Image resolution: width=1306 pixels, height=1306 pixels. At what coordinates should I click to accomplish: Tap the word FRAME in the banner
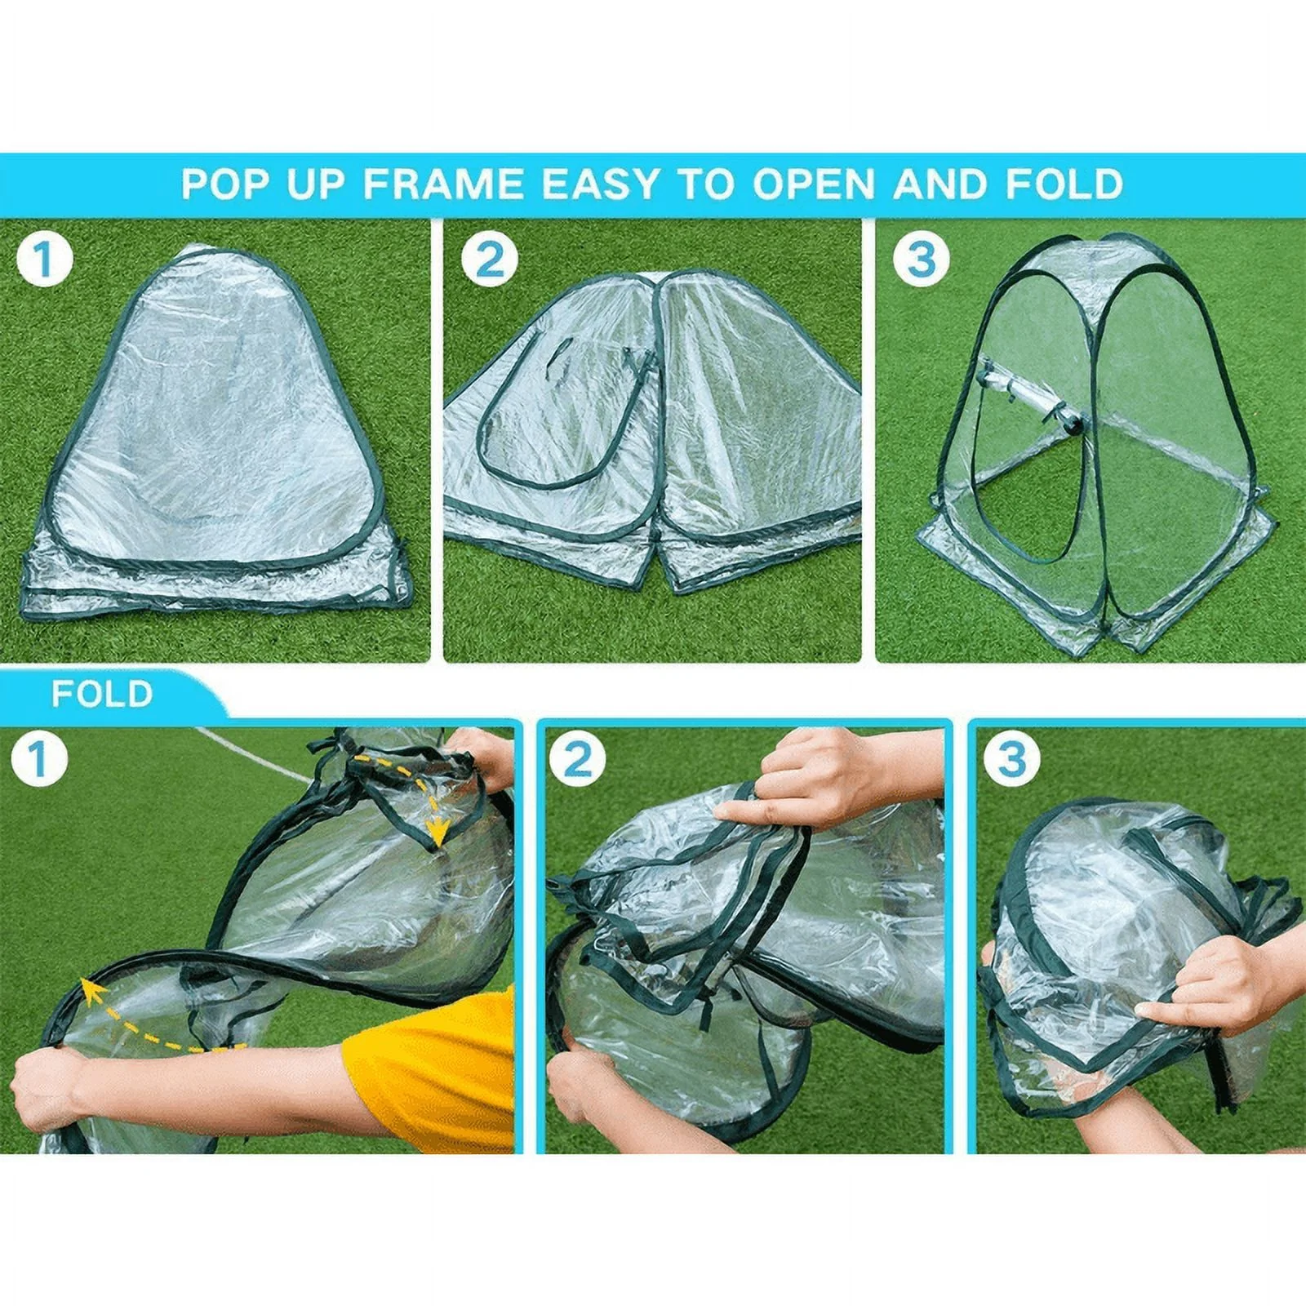[443, 184]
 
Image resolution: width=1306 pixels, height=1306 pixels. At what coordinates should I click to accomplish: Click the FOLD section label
[102, 694]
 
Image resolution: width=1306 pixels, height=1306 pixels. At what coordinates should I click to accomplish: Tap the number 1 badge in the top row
[44, 260]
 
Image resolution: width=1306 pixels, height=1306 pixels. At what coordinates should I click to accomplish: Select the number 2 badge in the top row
[489, 260]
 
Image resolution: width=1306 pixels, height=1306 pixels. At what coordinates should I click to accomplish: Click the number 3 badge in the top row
[921, 259]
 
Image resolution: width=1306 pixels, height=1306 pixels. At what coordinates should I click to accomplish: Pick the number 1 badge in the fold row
[38, 760]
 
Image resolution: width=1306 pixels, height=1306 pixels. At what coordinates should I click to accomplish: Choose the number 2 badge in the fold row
[577, 760]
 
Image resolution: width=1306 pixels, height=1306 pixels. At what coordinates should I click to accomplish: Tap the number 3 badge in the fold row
[1012, 760]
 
